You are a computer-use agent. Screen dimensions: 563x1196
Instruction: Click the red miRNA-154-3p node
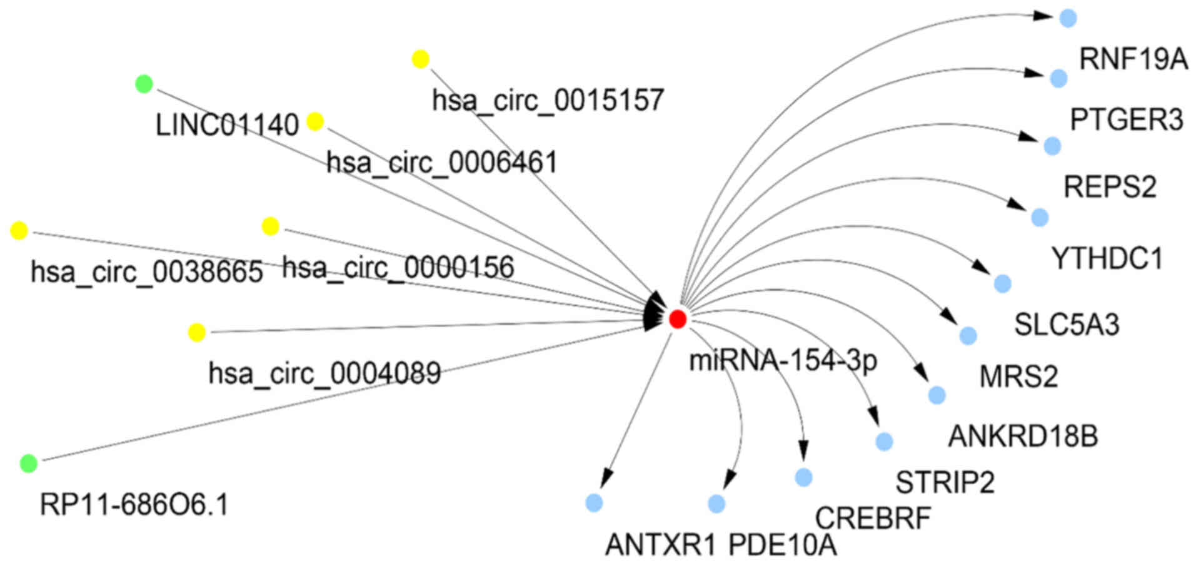(677, 319)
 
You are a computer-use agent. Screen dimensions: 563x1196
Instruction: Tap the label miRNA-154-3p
(783, 361)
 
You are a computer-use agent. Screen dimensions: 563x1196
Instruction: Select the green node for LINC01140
(144, 83)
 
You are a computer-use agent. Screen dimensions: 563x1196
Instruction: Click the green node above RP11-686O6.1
(29, 464)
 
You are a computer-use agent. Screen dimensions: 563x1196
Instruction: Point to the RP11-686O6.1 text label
(134, 504)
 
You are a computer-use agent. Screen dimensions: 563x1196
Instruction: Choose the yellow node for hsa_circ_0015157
(421, 59)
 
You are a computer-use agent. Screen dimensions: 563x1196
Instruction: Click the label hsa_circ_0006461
(441, 163)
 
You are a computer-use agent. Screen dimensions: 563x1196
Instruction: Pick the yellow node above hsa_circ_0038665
(19, 230)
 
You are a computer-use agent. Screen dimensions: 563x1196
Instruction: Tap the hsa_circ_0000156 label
(398, 268)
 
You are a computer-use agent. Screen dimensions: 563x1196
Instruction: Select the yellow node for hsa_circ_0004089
(197, 332)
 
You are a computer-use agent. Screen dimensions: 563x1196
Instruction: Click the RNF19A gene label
(1133, 60)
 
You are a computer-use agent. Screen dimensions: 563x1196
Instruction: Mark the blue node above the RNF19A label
(1068, 18)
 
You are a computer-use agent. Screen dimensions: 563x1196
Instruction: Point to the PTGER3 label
(1126, 120)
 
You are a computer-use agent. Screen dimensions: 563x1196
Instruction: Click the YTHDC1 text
(1107, 258)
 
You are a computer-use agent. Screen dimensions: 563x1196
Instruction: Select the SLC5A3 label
(1067, 325)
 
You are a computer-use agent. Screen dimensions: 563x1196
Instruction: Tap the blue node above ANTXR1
(594, 502)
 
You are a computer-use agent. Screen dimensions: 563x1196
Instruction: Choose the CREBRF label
(873, 518)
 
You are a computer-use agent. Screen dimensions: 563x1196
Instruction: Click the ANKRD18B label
(1023, 437)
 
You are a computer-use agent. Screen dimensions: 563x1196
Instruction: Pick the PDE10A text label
(782, 545)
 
